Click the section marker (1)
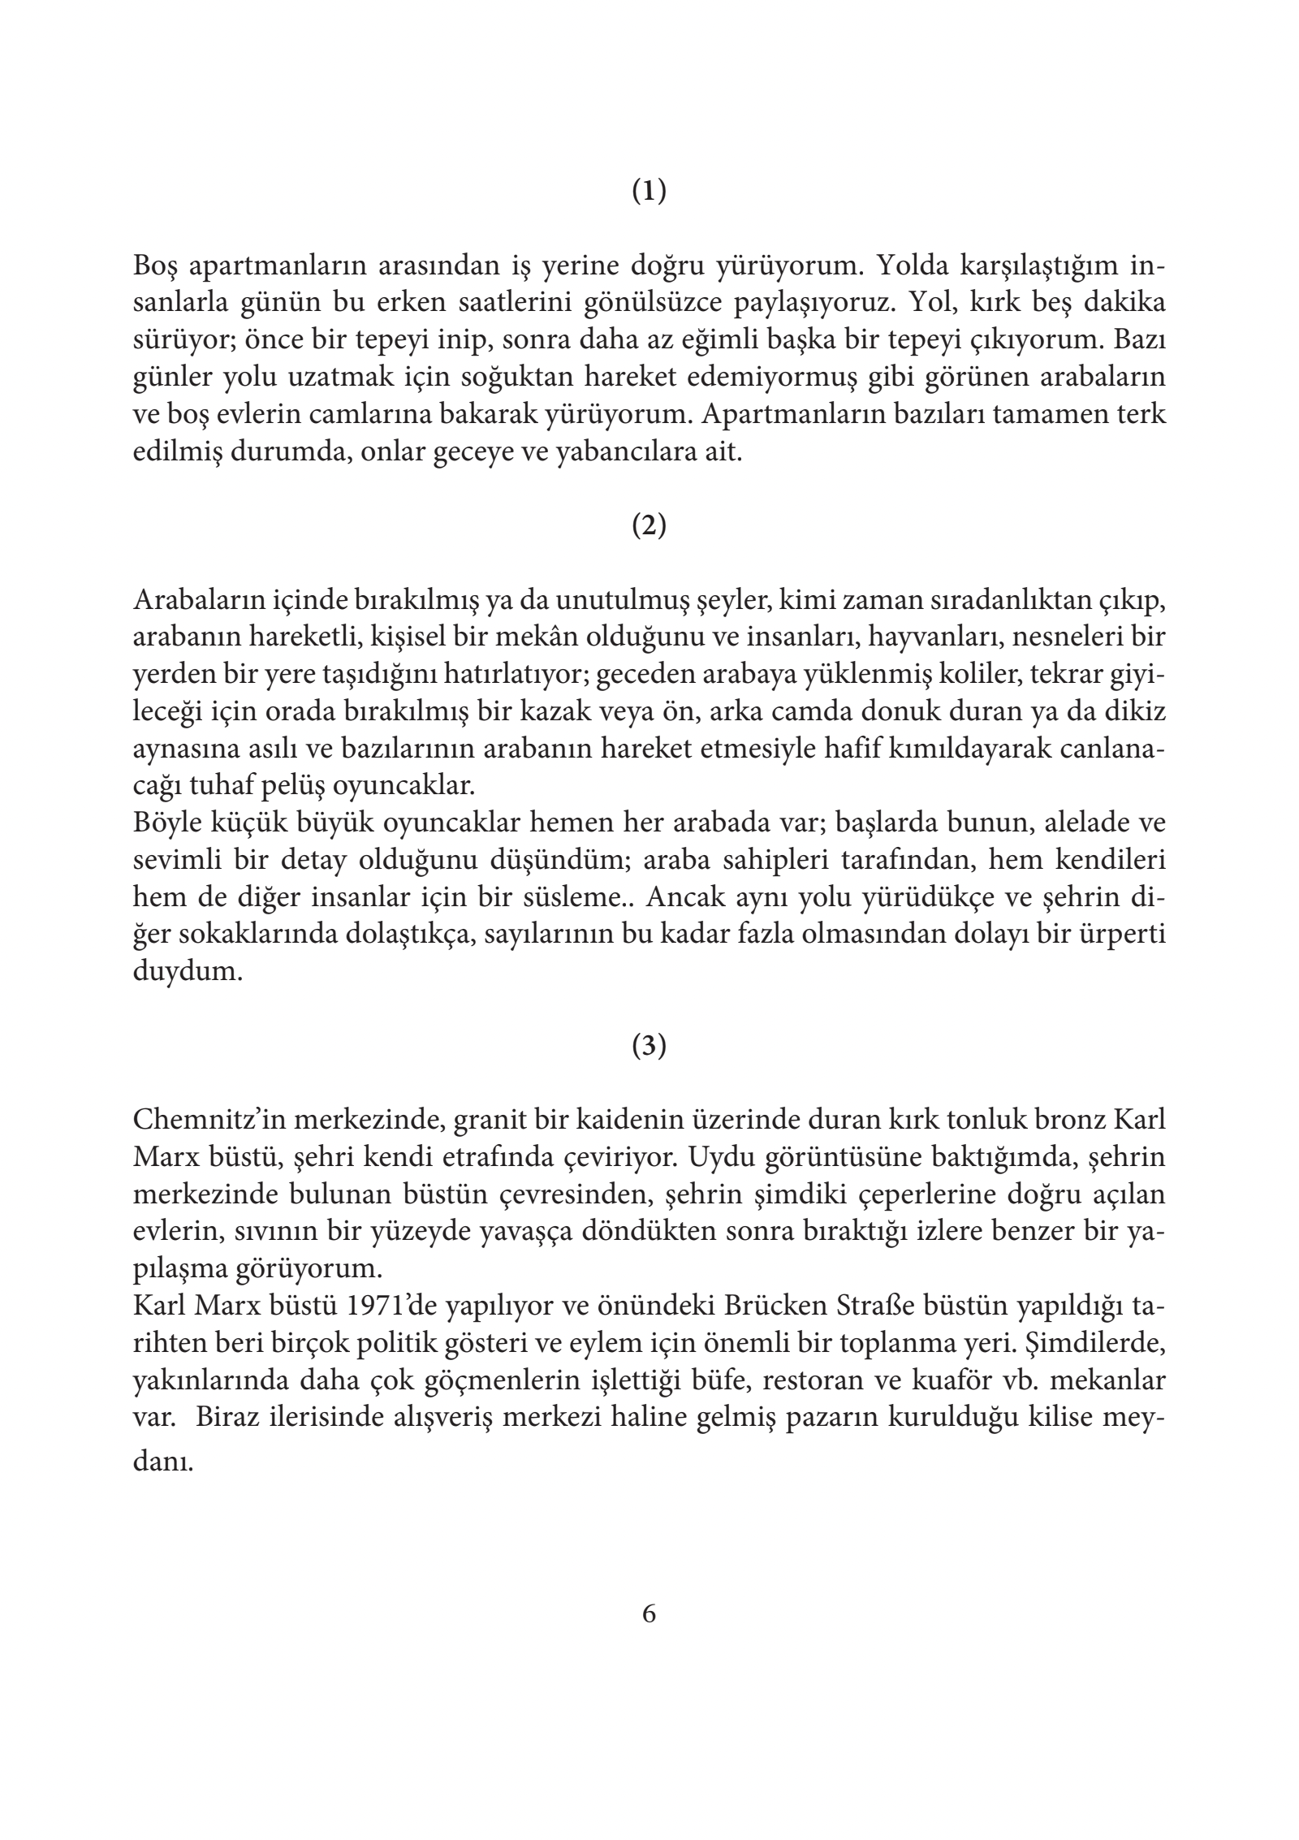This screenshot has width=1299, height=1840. [x=649, y=192]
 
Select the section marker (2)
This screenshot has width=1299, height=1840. [x=649, y=526]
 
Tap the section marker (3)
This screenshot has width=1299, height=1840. [x=649, y=1047]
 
